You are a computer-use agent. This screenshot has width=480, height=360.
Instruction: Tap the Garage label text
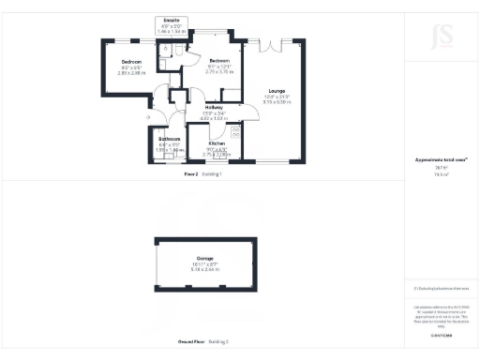pyautogui.click(x=204, y=258)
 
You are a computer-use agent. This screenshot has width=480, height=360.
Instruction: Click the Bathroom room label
pyautogui.click(x=169, y=139)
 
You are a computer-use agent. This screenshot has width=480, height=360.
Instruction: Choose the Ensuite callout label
pyautogui.click(x=171, y=20)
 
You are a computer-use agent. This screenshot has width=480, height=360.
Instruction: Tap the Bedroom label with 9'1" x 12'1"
pyautogui.click(x=218, y=61)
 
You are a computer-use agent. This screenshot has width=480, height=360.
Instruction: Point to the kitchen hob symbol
pyautogui.click(x=235, y=131)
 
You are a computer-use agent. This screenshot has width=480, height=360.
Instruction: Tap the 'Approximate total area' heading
pyautogui.click(x=440, y=159)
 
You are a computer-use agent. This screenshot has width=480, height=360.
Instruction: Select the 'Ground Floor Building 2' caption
pyautogui.click(x=203, y=340)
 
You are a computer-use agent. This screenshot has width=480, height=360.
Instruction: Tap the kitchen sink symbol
pyautogui.click(x=218, y=157)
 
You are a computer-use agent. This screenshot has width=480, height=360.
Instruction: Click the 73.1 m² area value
pyautogui.click(x=440, y=174)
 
